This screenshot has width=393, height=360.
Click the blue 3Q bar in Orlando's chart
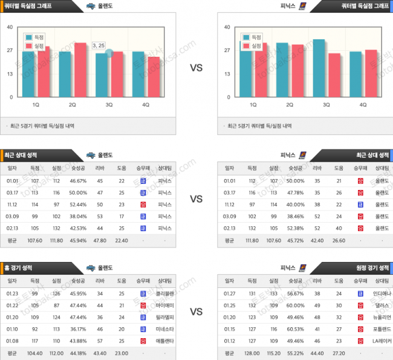point(101,75)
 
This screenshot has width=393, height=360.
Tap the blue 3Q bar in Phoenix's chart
point(319,68)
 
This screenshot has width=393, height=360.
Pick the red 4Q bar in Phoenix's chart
point(371,73)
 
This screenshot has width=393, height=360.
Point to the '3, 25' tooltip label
point(99,45)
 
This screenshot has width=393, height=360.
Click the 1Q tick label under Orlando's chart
point(36,105)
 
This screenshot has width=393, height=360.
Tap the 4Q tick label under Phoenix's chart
point(363,105)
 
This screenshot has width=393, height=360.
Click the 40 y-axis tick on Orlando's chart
point(10,27)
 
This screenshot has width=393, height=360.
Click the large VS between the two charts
point(196,68)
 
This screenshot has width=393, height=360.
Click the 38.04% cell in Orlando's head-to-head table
point(78,216)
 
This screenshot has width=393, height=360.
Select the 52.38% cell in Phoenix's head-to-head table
point(296,227)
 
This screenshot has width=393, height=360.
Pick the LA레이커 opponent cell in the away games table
point(382,341)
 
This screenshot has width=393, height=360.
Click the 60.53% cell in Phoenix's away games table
point(296,329)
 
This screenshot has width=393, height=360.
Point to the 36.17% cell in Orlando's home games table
point(78,329)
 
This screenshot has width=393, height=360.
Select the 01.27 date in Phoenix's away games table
point(229,293)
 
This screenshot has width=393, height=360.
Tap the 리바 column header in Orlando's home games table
point(100,281)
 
